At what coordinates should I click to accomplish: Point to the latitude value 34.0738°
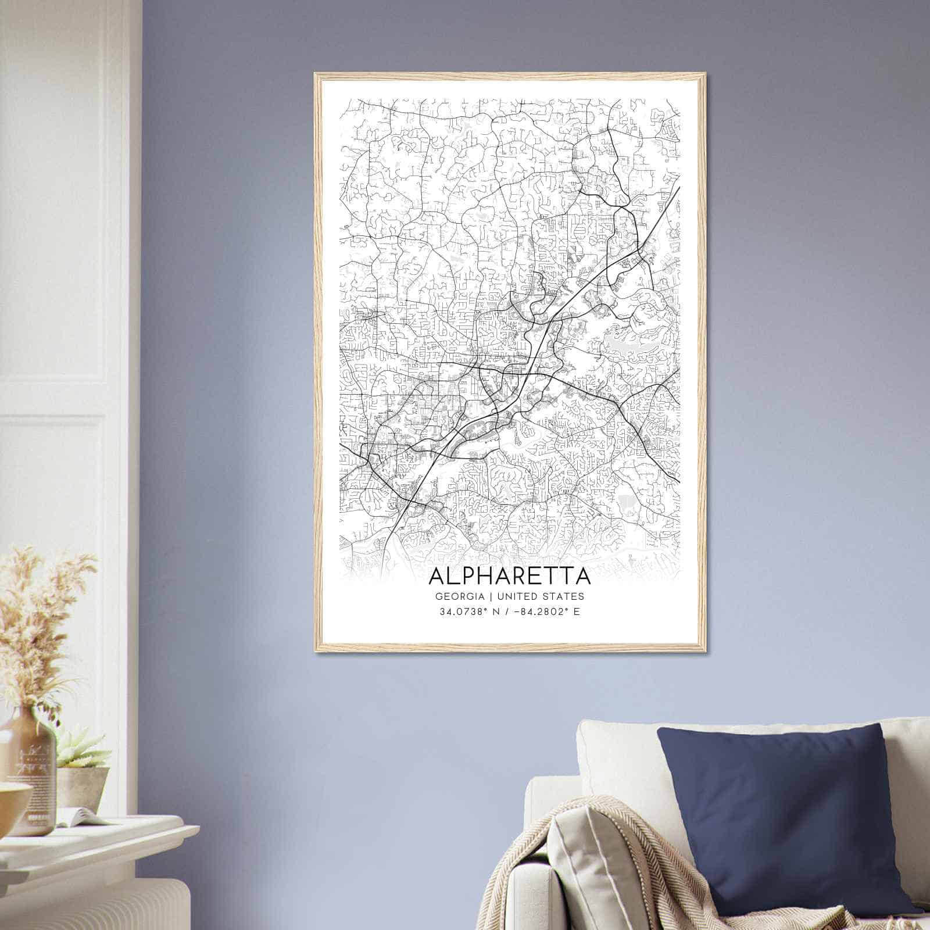coord(462,612)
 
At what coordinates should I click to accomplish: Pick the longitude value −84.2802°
coord(540,612)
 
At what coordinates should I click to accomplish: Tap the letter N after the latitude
coord(496,612)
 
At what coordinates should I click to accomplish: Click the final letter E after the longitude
coord(576,612)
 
